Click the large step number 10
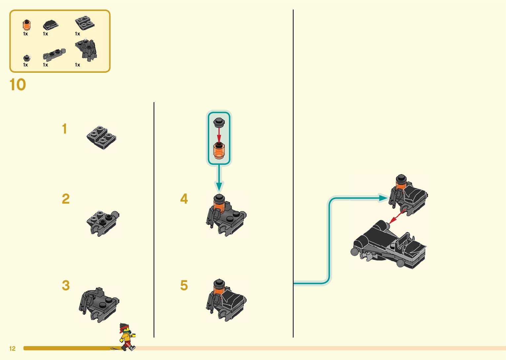[x=18, y=85]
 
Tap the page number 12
[x=13, y=348]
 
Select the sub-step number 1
[x=64, y=129]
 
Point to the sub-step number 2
[x=65, y=199]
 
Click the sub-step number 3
[x=65, y=285]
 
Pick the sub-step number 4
[x=184, y=199]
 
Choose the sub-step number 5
[x=184, y=285]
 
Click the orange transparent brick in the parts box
[x=26, y=25]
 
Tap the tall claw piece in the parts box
[x=87, y=50]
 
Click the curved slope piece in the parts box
[x=50, y=25]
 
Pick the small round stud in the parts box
[x=27, y=59]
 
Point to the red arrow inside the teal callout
[x=218, y=135]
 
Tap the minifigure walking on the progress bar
[x=126, y=337]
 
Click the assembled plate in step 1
[x=101, y=137]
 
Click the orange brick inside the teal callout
[x=218, y=151]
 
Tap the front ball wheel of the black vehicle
[x=355, y=252]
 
